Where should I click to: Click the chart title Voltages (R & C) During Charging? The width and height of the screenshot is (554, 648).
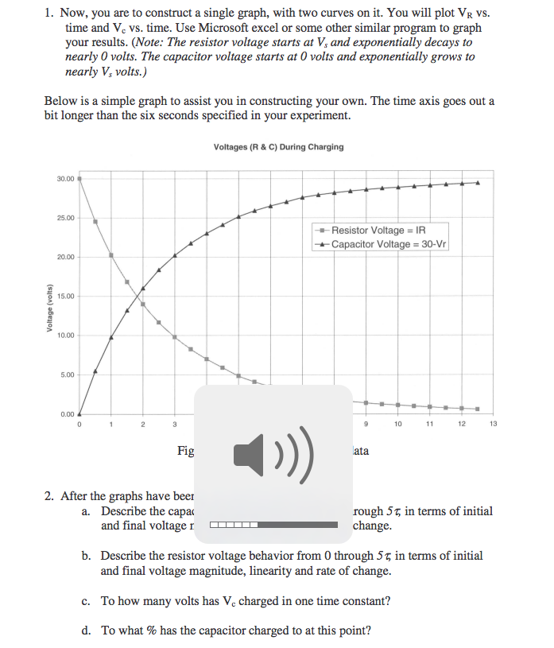[x=278, y=147]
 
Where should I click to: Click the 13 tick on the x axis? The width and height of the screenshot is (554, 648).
[x=494, y=425]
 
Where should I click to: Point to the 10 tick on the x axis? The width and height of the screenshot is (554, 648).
[x=397, y=425]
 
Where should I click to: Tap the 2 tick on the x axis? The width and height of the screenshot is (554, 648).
[x=143, y=425]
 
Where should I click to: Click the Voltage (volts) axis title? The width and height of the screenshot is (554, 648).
[x=48, y=308]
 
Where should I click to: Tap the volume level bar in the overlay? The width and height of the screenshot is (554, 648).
[x=273, y=525]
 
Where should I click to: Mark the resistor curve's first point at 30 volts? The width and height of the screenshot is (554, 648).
[x=79, y=179]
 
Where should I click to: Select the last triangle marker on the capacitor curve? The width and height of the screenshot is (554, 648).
[x=478, y=182]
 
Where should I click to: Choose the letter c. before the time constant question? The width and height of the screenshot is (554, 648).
[x=87, y=601]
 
